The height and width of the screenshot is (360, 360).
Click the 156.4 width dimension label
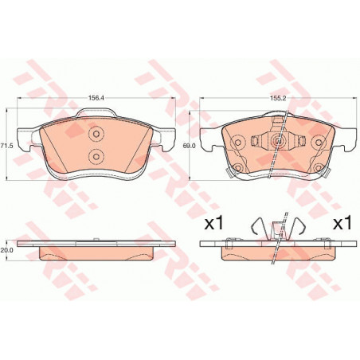click(x=96, y=98)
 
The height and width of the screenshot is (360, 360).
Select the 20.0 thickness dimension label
click(x=7, y=250)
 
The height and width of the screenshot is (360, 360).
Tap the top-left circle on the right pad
click(x=238, y=143)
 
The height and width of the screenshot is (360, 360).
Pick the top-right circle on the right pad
click(x=319, y=143)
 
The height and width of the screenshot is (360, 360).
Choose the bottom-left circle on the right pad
click(x=238, y=168)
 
